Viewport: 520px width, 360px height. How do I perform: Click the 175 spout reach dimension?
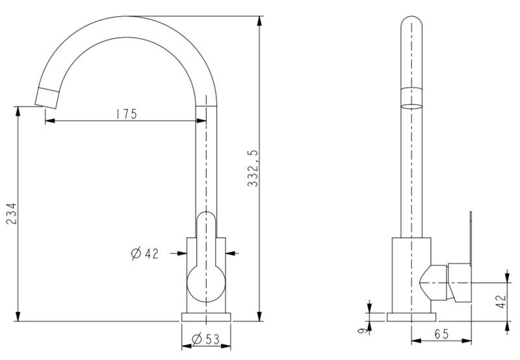[x=126, y=114]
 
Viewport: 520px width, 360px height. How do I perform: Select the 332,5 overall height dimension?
[x=253, y=168]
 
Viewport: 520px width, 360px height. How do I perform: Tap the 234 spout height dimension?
[x=11, y=214]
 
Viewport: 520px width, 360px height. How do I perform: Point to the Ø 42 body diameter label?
[x=144, y=253]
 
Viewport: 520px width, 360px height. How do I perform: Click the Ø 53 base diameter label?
[x=205, y=339]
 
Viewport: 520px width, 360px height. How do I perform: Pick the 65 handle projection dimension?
[x=441, y=334]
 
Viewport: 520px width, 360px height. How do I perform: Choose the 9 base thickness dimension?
[x=364, y=330]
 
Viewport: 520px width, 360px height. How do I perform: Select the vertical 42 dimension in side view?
[x=501, y=300]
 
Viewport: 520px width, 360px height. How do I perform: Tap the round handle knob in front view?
[x=206, y=283]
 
